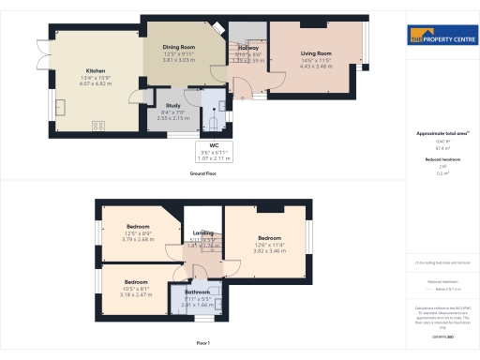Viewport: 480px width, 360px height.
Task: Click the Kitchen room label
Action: [96, 70]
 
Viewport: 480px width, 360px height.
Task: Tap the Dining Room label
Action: [178, 46]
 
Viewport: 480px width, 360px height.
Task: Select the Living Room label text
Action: [316, 53]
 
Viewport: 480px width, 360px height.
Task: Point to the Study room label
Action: [172, 105]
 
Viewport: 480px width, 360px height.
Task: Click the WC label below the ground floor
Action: [214, 146]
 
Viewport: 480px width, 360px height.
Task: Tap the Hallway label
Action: [248, 48]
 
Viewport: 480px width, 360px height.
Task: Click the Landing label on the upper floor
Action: [203, 232]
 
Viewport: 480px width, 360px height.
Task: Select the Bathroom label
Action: [197, 292]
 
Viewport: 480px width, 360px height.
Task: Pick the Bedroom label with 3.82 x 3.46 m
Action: [270, 239]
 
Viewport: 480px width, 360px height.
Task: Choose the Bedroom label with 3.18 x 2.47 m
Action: [136, 282]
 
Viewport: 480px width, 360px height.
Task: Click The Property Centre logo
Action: [442, 37]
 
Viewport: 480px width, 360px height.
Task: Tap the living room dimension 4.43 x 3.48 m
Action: [316, 66]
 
